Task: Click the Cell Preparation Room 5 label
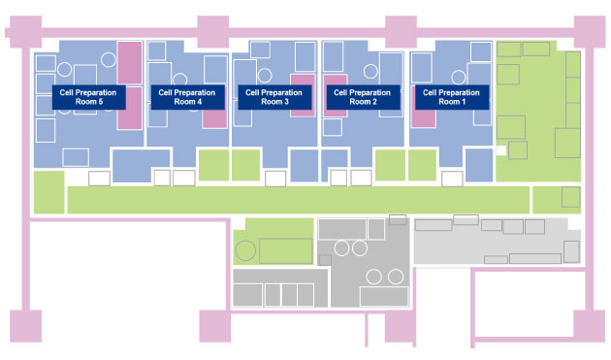pyautogui.click(x=88, y=96)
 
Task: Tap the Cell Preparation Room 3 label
pyautogui.click(x=268, y=96)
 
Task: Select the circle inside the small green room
pyautogui.click(x=245, y=250)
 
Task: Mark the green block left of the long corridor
pyautogui.click(x=47, y=191)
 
